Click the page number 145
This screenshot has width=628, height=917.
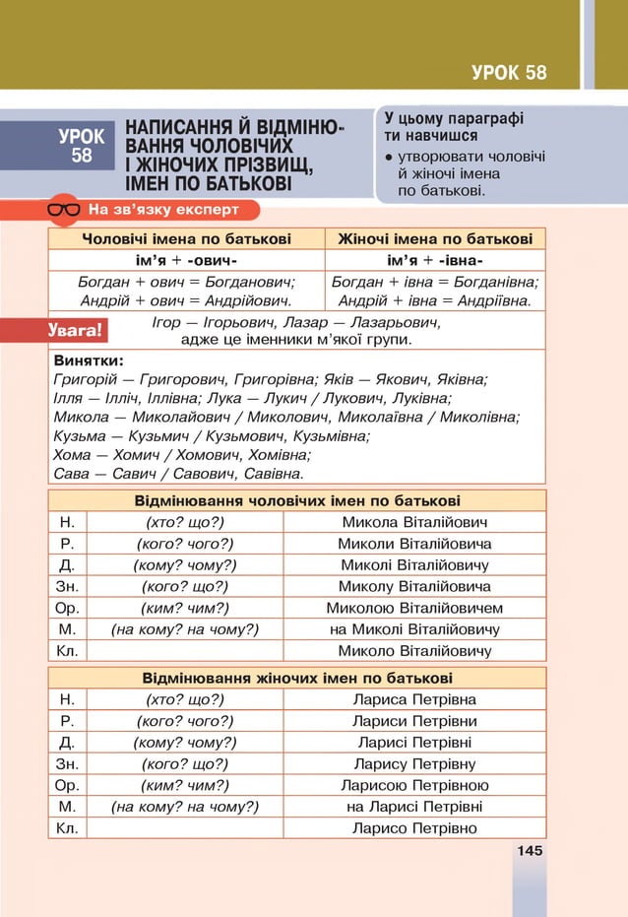point(530,850)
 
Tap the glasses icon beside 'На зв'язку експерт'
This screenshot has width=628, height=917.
point(65,209)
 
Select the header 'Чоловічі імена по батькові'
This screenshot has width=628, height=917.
point(186,238)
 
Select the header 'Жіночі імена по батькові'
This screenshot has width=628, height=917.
point(435,238)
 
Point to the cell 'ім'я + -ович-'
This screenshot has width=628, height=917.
point(186,260)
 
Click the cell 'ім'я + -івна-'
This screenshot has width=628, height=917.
point(435,260)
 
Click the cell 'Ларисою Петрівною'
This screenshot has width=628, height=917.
point(414,785)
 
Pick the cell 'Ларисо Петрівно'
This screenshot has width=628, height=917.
point(414,828)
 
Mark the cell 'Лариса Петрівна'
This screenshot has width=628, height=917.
point(414,699)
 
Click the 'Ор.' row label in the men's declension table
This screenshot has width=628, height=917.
point(67,608)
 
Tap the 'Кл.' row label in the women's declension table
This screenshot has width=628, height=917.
point(67,828)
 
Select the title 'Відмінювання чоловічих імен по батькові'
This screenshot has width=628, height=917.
point(297,500)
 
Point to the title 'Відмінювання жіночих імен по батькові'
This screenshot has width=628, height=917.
point(297,678)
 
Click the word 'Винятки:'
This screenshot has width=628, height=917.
point(89,360)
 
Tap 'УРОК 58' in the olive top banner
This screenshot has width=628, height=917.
point(509,72)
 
